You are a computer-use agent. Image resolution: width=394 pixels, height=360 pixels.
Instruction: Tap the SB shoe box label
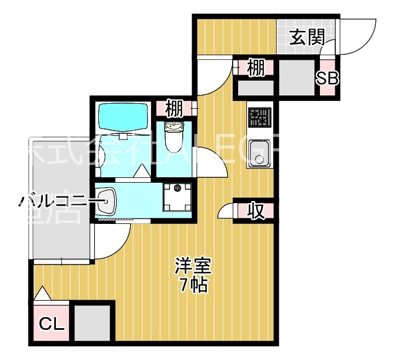click(327, 78)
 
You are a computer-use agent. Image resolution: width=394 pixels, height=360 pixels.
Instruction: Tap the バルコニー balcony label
click(54, 201)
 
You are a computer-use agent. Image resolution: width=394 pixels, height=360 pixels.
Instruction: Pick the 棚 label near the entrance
click(255, 68)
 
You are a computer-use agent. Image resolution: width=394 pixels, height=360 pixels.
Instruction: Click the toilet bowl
click(175, 142)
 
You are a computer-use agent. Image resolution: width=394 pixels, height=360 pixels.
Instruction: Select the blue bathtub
click(123, 116)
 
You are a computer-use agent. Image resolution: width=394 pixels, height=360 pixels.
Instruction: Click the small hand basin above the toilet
click(175, 128)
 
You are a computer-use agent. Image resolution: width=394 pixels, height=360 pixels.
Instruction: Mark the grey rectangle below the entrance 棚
click(255, 88)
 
